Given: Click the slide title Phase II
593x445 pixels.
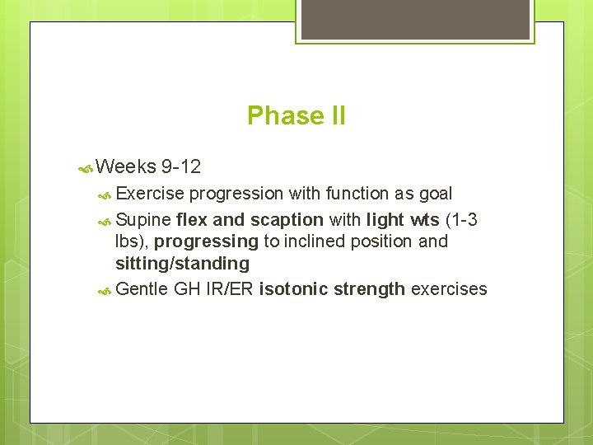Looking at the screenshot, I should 296,115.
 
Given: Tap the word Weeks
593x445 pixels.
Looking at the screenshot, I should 126,167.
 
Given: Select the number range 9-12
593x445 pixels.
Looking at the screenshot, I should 181,167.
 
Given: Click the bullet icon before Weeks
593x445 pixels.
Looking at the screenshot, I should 85,168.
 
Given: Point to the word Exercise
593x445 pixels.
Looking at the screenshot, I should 150,194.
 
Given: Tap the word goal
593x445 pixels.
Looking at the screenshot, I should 435,194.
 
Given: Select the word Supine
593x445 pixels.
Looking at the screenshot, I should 143,220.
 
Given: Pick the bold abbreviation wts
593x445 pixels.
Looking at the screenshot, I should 424,220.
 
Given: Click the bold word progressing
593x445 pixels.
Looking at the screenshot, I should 206,241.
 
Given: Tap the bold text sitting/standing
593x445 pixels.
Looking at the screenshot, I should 182,264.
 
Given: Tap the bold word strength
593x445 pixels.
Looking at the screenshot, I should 370,289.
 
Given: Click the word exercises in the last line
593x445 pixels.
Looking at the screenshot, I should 449,289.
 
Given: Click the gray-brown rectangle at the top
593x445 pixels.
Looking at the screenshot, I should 414,19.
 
